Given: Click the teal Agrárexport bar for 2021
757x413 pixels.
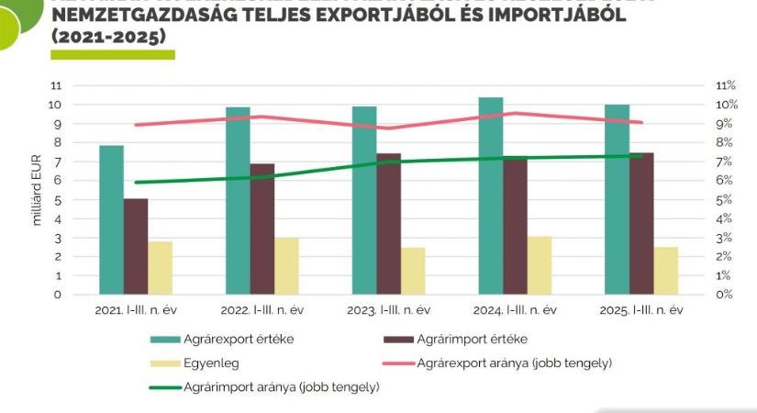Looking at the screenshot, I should [111, 219].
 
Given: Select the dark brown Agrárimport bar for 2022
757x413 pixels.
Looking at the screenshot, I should [262, 229].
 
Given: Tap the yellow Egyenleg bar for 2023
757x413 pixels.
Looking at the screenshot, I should [413, 271].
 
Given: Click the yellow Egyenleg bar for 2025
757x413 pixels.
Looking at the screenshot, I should [665, 270].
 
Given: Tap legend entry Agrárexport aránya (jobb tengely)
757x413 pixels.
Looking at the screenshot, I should [514, 363].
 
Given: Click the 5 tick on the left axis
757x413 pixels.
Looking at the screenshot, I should [57, 199].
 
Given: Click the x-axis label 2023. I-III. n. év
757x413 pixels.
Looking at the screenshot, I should [389, 310].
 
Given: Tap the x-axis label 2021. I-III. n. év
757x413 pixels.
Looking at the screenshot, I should [135, 310].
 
